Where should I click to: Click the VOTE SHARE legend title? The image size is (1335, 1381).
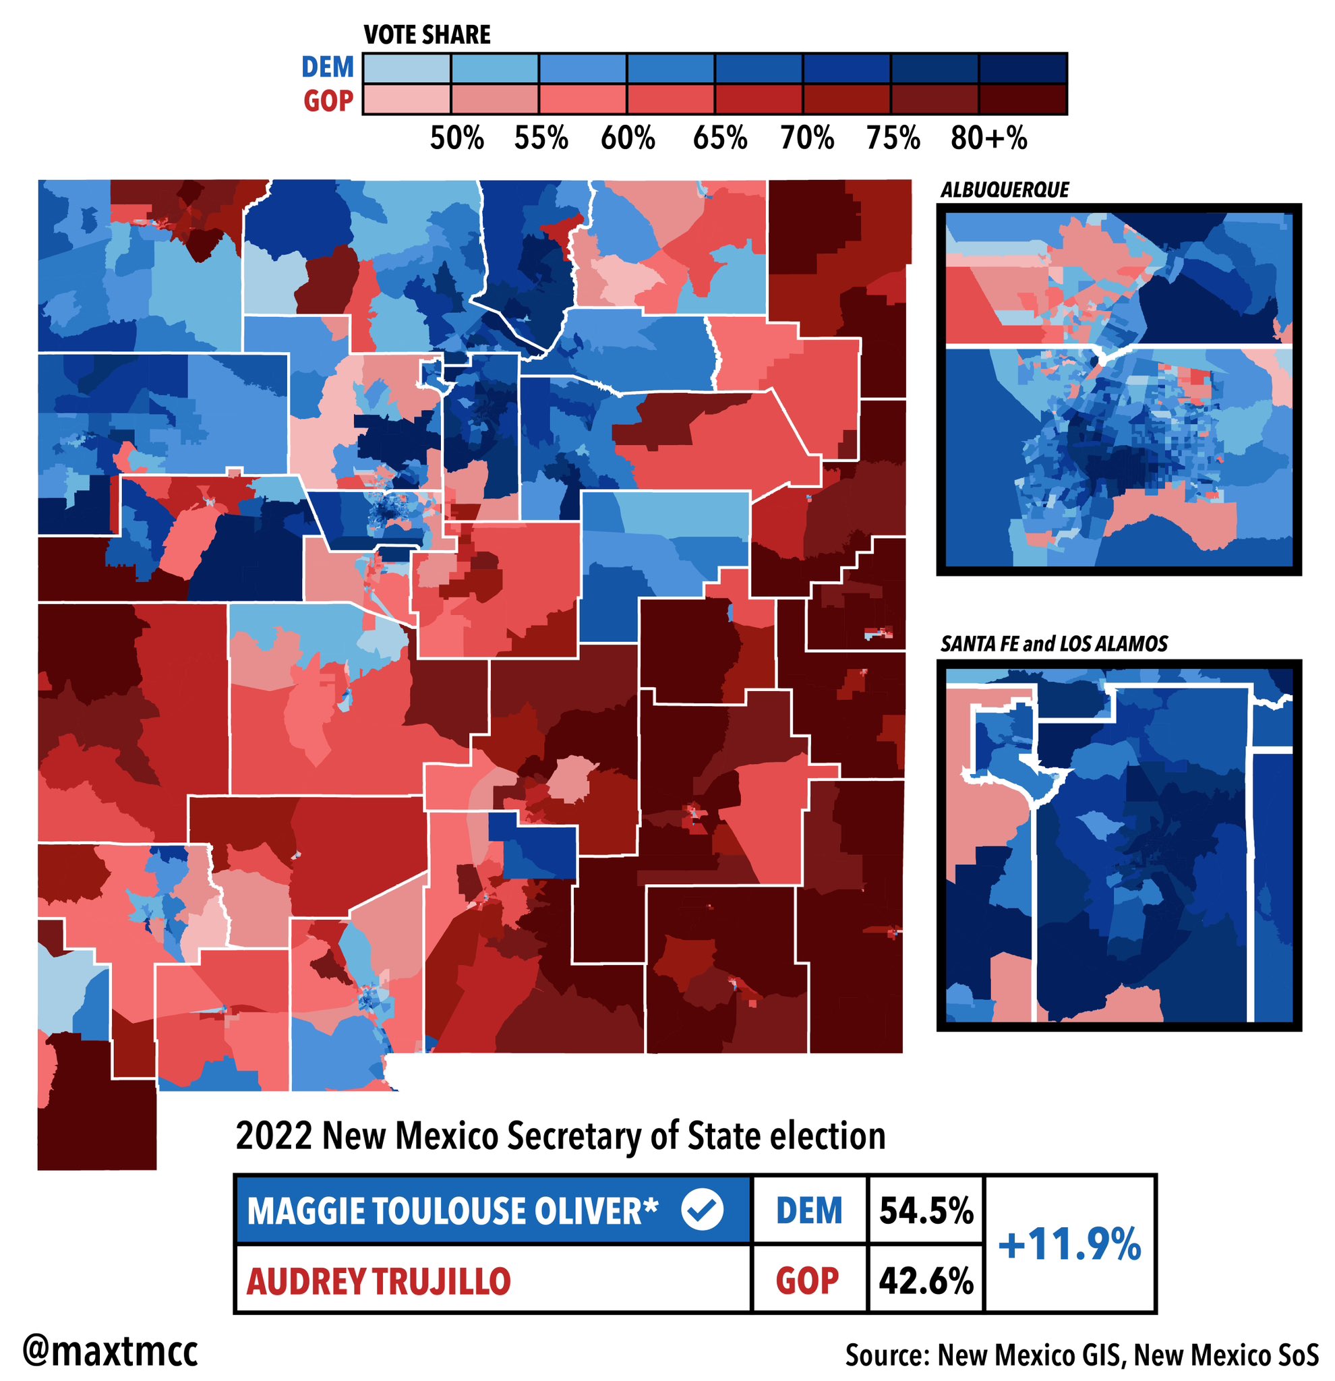pyautogui.click(x=426, y=34)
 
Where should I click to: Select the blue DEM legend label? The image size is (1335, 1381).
pyautogui.click(x=327, y=67)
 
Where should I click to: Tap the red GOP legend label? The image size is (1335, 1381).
pyautogui.click(x=328, y=101)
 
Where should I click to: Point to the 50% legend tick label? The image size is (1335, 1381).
pyautogui.click(x=456, y=139)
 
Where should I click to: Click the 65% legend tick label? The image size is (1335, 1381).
pyautogui.click(x=719, y=139)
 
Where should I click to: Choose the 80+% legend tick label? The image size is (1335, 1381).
pyautogui.click(x=988, y=139)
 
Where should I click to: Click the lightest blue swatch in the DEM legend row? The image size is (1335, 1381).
pyautogui.click(x=407, y=68)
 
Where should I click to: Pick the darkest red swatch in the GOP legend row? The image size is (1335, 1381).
pyautogui.click(x=1022, y=99)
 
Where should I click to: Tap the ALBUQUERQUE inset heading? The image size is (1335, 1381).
pyautogui.click(x=1004, y=189)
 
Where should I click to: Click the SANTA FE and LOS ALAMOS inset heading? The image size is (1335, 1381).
pyautogui.click(x=1053, y=644)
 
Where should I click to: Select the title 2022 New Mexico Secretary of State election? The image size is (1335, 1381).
pyautogui.click(x=560, y=1136)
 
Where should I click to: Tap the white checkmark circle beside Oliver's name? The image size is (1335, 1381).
pyautogui.click(x=702, y=1210)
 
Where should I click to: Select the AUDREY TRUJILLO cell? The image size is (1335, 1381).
pyautogui.click(x=378, y=1281)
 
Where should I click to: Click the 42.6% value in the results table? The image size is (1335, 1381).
pyautogui.click(x=926, y=1281)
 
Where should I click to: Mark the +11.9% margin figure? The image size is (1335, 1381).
pyautogui.click(x=1069, y=1245)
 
